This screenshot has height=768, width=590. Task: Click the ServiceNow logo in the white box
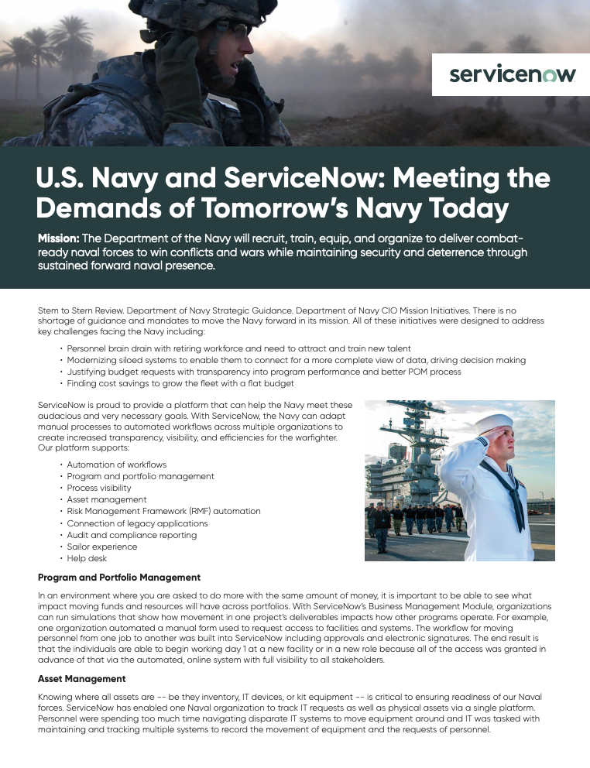(x=513, y=74)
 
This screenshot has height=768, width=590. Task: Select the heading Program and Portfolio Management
(x=119, y=578)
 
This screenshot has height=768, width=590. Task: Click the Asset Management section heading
(x=82, y=678)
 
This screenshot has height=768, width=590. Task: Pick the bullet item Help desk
(x=87, y=558)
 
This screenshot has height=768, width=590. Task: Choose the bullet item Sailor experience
(x=102, y=547)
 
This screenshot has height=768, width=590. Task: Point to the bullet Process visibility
(x=99, y=488)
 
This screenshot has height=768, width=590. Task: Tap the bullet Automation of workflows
(x=117, y=465)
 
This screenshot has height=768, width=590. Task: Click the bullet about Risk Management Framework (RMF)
(x=163, y=512)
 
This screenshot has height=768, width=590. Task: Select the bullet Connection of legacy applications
(x=137, y=523)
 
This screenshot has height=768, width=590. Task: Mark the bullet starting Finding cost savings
(x=180, y=383)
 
